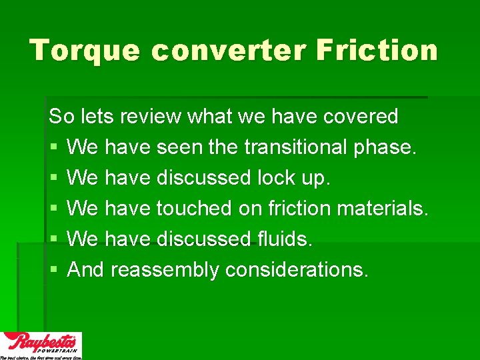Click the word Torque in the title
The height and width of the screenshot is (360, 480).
[85, 51]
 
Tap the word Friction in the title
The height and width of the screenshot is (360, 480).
[377, 51]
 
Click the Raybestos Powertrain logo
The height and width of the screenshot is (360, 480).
[41, 345]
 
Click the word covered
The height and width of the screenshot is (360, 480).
[361, 116]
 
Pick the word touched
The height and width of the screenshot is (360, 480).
[193, 208]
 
